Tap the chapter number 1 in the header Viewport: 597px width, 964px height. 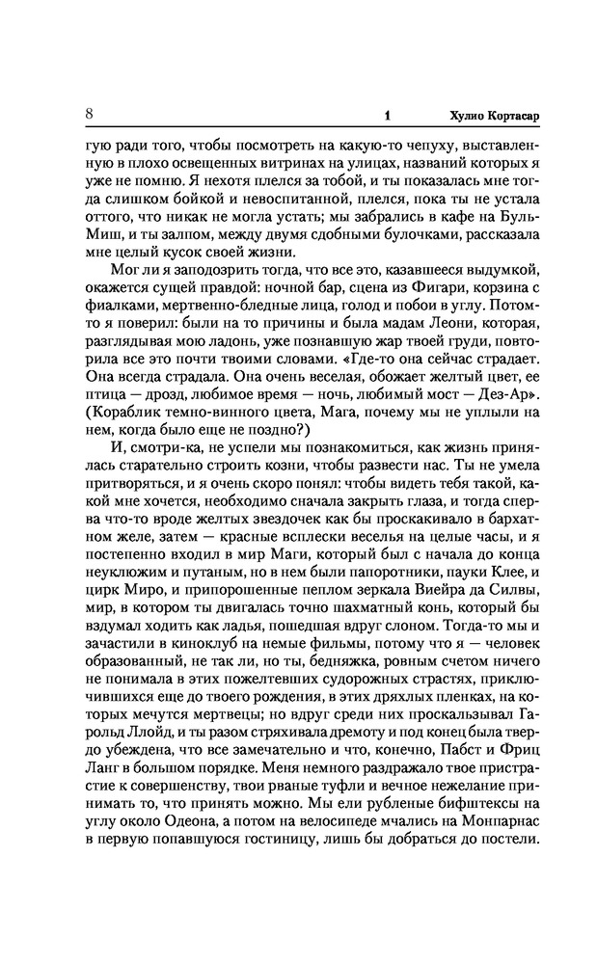coord(386,116)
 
